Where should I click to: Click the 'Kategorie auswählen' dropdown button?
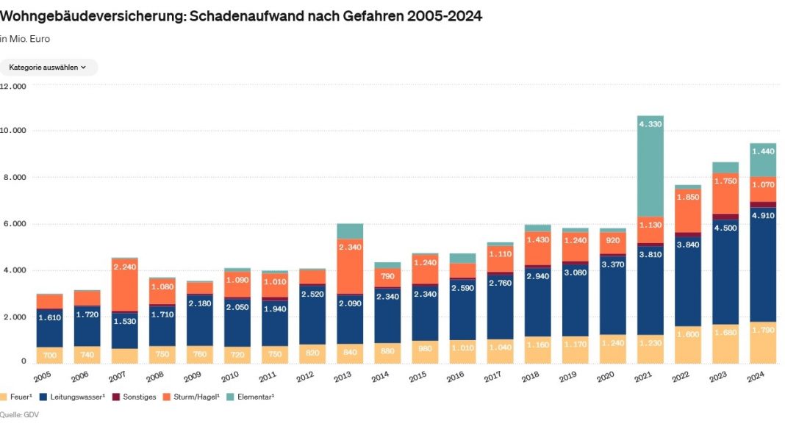point(48,68)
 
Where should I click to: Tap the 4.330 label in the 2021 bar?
point(650,125)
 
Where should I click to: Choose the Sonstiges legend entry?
point(137,397)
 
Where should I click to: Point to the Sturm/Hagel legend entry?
point(196,397)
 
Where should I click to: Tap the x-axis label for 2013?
point(343,377)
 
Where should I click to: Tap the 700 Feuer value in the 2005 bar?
point(49,355)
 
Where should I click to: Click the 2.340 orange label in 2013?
point(350,248)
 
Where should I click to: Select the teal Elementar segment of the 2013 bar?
point(350,231)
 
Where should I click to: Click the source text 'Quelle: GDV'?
point(20,415)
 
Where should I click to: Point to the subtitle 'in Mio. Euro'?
point(25,39)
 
